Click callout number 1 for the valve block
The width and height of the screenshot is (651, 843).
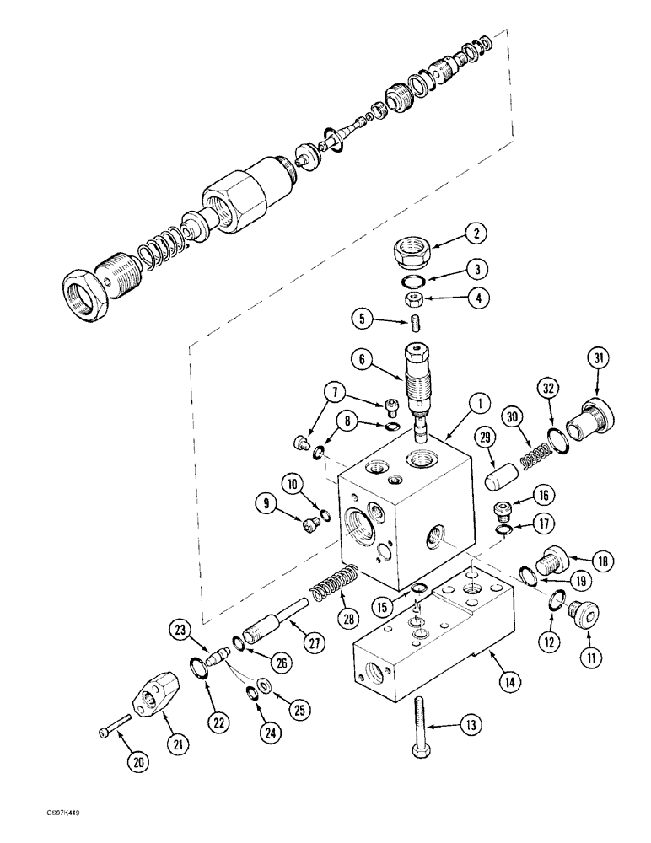click(x=478, y=404)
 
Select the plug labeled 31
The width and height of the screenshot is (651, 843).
click(x=587, y=419)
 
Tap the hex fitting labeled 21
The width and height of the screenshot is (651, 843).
click(x=153, y=697)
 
